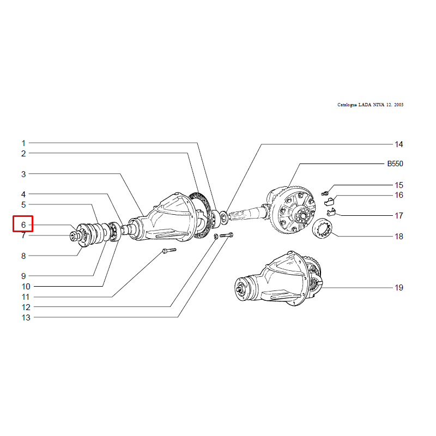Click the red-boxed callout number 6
click(23, 225)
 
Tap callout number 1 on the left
click(23, 143)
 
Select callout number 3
click(23, 174)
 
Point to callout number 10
click(26, 287)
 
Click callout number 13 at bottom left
click(26, 318)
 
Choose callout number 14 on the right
click(399, 144)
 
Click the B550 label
click(395, 163)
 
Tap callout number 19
click(399, 288)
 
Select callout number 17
click(399, 215)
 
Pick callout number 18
click(399, 237)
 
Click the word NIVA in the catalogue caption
click(378, 105)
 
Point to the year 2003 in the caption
click(398, 105)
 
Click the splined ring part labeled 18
click(322, 228)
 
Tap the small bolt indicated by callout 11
click(169, 251)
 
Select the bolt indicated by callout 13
click(226, 235)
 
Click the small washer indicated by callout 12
click(216, 237)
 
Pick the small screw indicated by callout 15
click(325, 192)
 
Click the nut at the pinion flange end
click(74, 236)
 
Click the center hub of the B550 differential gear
click(302, 214)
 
